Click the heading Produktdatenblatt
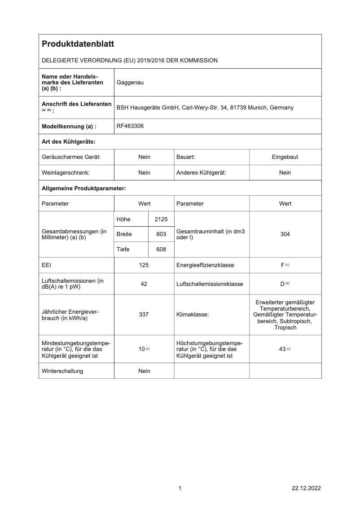tap(78, 44)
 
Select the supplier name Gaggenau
tap(130, 83)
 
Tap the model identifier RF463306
tap(130, 127)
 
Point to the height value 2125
tap(161, 219)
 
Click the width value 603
tap(161, 234)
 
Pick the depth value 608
tap(161, 250)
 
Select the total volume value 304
tap(285, 234)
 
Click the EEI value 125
tap(144, 265)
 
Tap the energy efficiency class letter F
tap(283, 265)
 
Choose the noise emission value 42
tap(144, 284)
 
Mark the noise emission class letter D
tap(283, 284)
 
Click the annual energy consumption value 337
tap(144, 315)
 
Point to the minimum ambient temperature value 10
tap(141, 349)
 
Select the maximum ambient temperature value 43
tap(282, 349)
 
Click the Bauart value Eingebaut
tap(285, 157)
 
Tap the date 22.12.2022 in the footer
tap(306, 488)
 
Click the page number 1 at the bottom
tap(180, 488)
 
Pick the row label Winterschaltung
tap(62, 371)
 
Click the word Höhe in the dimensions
tap(123, 219)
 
